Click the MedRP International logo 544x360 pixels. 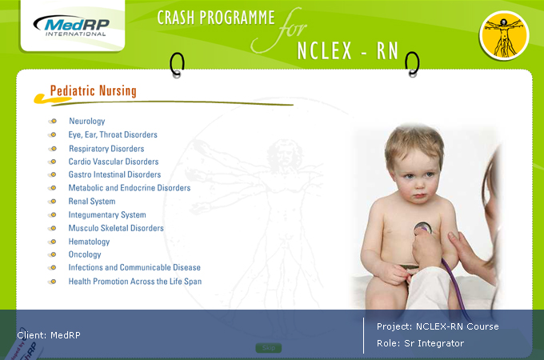71,26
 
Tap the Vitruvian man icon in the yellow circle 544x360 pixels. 504,35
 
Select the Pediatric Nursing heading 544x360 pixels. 93,91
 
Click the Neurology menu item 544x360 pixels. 86,121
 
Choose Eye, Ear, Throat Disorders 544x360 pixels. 113,134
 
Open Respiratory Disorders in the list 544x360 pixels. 106,149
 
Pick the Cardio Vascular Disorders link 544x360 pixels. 114,162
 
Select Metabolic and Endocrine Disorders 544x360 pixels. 130,188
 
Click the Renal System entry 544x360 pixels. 92,201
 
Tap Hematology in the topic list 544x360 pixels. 89,242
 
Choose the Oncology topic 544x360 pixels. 85,254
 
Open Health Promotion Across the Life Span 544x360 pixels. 135,282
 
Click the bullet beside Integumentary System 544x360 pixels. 53,215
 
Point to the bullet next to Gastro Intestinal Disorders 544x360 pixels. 53,174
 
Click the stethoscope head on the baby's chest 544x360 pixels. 423,228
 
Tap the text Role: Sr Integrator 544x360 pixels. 420,343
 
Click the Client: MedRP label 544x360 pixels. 49,335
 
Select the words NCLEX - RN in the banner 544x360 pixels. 348,51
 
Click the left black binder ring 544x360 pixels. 177,65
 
